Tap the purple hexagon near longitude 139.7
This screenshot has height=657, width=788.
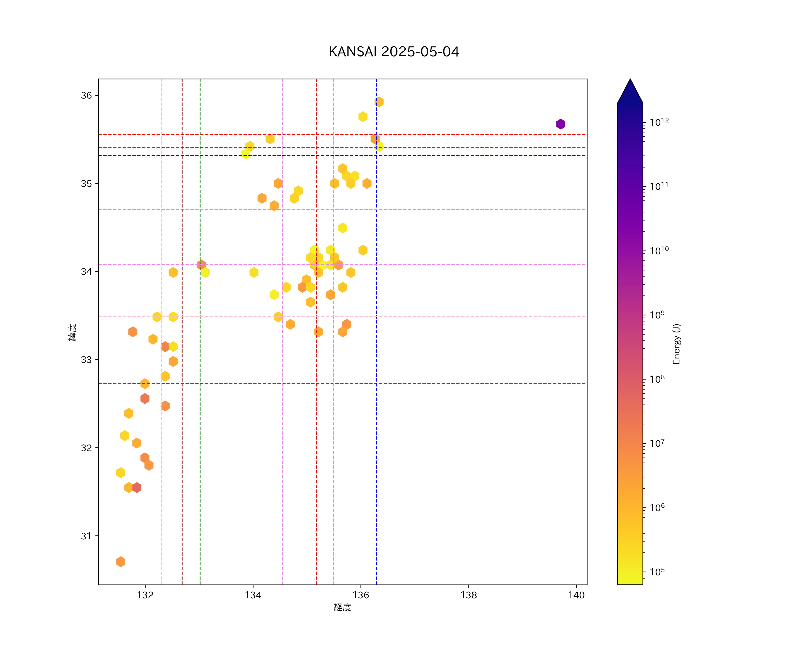561,124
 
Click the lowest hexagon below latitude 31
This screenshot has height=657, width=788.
120,562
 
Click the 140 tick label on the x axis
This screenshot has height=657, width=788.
576,595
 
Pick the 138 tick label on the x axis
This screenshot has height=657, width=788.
469,595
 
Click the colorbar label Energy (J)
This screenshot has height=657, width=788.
676,344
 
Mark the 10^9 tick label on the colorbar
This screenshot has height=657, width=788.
657,315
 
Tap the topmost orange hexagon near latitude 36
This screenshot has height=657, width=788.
379,102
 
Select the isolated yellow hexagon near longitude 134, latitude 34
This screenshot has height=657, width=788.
254,272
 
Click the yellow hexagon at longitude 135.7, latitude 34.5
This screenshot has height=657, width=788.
343,228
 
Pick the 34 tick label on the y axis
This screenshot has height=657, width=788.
86,271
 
